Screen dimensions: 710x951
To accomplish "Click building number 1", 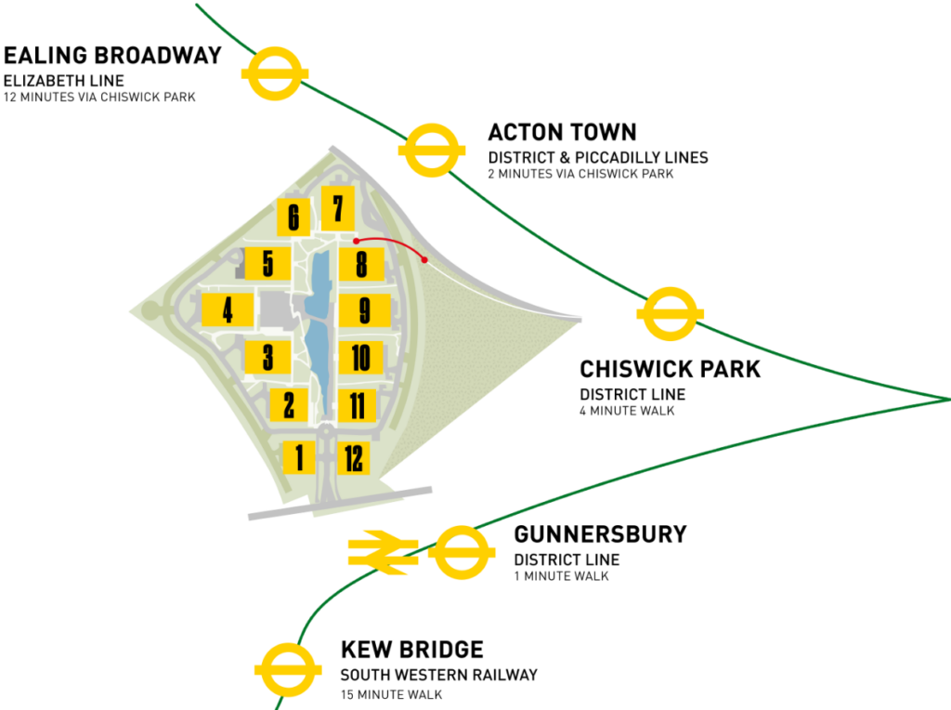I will click(x=299, y=457).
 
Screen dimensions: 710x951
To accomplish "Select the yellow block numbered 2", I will click(x=289, y=404).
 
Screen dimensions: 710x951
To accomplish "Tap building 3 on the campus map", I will click(x=267, y=357).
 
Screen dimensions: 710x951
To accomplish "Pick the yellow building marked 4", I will click(x=228, y=309).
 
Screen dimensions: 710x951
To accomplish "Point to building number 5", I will click(x=267, y=264).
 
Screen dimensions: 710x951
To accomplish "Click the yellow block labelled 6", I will click(x=293, y=217).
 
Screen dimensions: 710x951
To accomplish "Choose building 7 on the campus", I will click(x=337, y=208).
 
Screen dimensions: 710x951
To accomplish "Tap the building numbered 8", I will click(x=360, y=265).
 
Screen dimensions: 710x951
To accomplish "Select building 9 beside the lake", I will click(x=363, y=309).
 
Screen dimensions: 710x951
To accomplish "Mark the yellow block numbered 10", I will click(x=361, y=357).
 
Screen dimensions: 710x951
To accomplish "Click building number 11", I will click(x=357, y=405).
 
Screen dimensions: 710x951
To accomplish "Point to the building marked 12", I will click(x=354, y=458).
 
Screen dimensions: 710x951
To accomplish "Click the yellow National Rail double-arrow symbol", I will click(x=380, y=552).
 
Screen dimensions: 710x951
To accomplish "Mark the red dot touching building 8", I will click(x=356, y=242).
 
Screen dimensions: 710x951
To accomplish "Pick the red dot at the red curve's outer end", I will click(x=424, y=259).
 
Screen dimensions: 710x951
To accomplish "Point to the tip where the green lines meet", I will click(x=945, y=399).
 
